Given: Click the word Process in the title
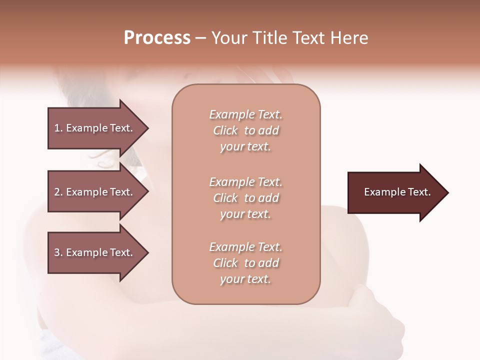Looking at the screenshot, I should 157,38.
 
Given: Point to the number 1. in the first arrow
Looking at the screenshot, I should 58,128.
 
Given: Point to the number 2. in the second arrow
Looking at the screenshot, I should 58,192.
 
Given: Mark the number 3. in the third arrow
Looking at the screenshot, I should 58,252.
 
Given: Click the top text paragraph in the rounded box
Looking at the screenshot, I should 245,130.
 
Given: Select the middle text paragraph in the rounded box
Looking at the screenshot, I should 245,198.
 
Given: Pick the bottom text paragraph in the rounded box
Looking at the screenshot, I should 245,263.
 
